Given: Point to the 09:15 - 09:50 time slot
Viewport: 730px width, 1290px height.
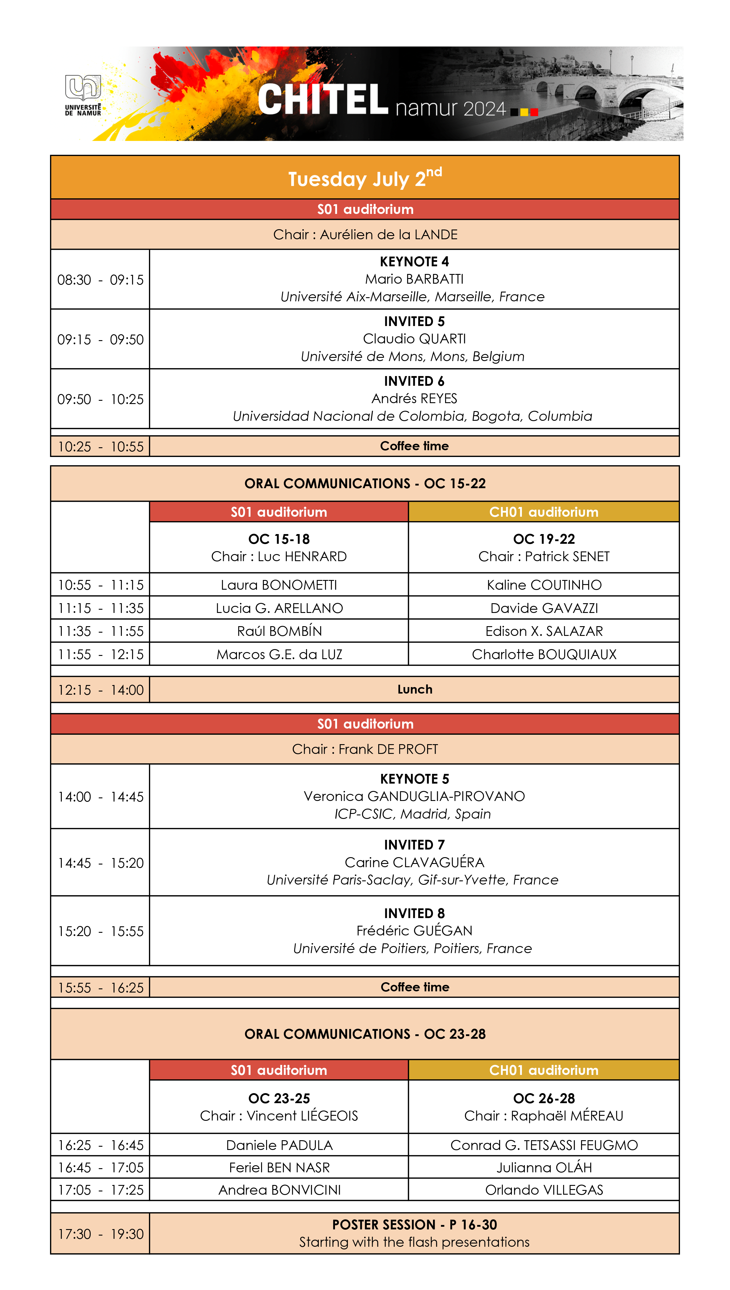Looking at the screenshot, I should tap(100, 339).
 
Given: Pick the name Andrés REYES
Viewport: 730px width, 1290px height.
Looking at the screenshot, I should tap(414, 398).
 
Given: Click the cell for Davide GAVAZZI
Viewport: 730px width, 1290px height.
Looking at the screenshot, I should tap(544, 608).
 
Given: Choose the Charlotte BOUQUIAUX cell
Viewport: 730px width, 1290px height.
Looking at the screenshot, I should tap(544, 654).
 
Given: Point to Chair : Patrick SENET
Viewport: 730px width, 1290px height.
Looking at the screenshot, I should tap(544, 556).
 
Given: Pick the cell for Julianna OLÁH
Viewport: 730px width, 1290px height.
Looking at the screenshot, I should tap(544, 1167).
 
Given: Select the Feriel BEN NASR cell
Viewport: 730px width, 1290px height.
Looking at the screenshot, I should tap(279, 1167).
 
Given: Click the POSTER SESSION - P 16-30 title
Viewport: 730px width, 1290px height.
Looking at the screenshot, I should tap(414, 1224).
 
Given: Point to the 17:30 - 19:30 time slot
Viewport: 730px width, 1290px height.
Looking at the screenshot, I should tap(100, 1234).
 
